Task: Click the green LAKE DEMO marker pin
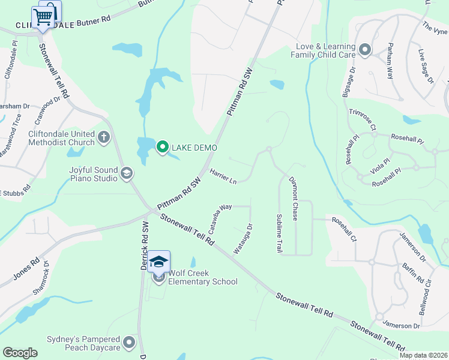(161, 146)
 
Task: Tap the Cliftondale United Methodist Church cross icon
(104, 137)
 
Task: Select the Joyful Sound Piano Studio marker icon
(126, 173)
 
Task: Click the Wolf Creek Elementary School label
(202, 277)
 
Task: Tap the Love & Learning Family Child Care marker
(364, 50)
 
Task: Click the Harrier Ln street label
(223, 176)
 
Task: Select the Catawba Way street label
(220, 217)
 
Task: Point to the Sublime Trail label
(279, 233)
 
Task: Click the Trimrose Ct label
(361, 119)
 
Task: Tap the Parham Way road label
(390, 61)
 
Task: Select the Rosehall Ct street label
(344, 229)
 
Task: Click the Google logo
(20, 353)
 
